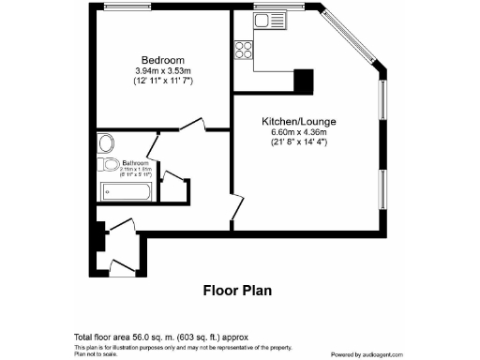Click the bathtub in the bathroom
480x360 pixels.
pos(126,194)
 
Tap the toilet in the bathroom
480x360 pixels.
pos(105,143)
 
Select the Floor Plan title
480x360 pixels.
pos(237,290)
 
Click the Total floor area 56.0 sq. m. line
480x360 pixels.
pos(160,337)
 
